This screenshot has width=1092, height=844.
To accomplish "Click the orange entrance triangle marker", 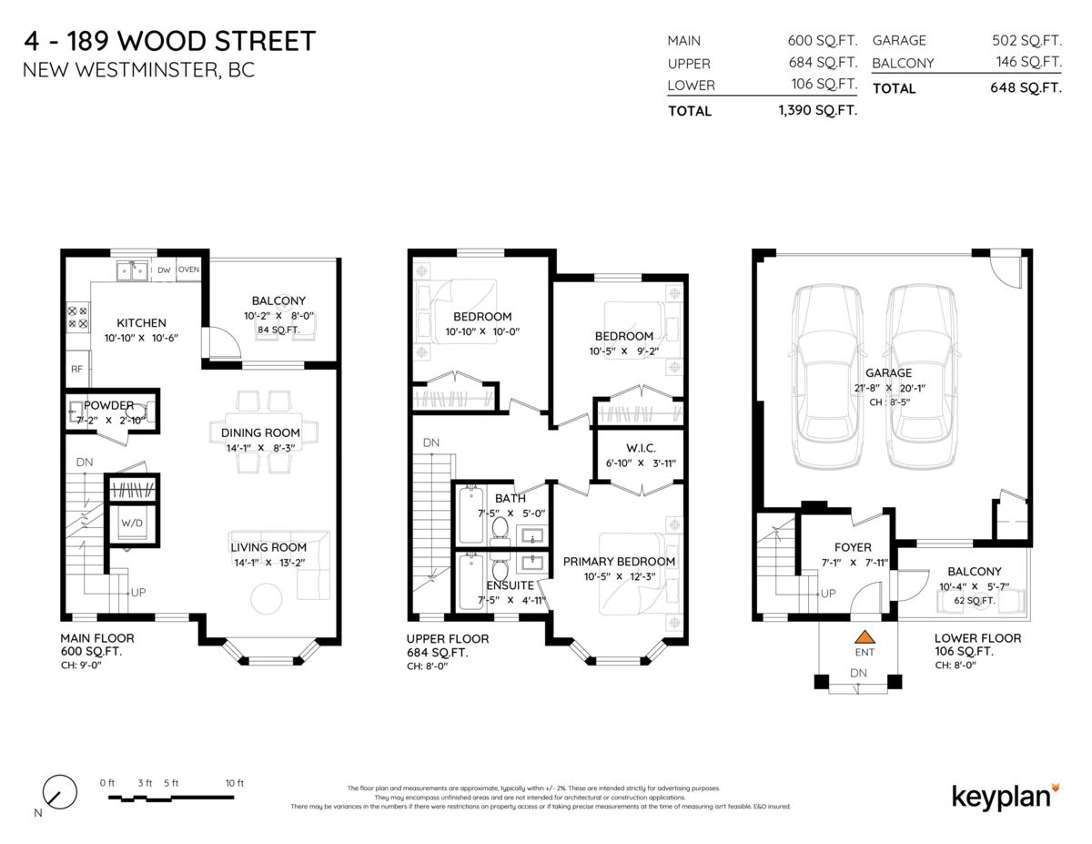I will (864, 637).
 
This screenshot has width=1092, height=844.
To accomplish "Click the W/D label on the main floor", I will (131, 524).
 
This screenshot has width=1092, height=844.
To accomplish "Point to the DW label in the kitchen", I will (164, 269).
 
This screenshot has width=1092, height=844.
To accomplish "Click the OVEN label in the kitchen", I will (188, 269).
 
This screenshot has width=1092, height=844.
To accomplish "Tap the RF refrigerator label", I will (76, 370).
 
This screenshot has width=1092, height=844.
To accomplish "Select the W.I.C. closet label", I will (640, 448).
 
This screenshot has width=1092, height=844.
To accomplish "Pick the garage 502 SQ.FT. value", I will (1026, 40).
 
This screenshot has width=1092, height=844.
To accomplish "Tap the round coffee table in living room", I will (267, 598).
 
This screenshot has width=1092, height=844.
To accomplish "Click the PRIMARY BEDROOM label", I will (619, 562).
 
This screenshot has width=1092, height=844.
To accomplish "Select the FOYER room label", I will (853, 547).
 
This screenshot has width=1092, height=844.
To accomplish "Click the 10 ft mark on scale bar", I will (234, 783).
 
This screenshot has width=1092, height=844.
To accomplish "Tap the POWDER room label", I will (109, 405).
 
